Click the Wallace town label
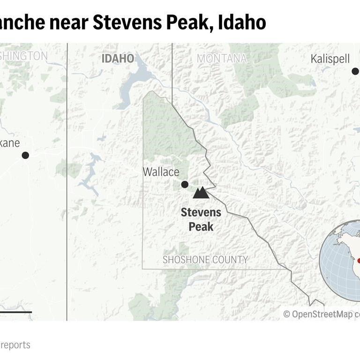tap(161, 172)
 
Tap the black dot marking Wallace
tap(185, 184)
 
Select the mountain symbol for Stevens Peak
tap(201, 193)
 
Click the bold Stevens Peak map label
tap(201, 219)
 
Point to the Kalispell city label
tap(330, 59)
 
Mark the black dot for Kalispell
tap(355, 71)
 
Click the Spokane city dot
tap(25, 155)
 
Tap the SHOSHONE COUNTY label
tap(205, 260)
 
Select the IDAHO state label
tap(118, 59)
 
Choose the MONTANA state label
tap(222, 59)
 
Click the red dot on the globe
tap(359, 260)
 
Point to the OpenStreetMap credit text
tap(321, 314)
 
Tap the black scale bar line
tap(15, 312)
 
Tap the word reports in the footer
tap(15, 345)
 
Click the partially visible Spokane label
tap(10, 143)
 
